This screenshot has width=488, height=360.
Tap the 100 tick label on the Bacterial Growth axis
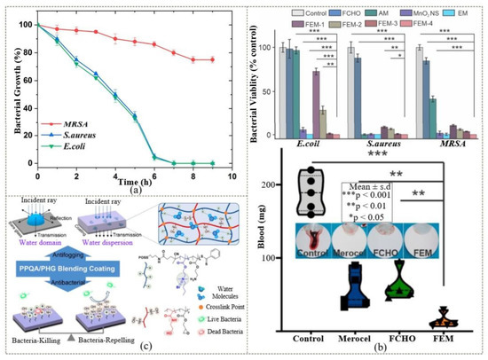(x=25, y=23)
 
